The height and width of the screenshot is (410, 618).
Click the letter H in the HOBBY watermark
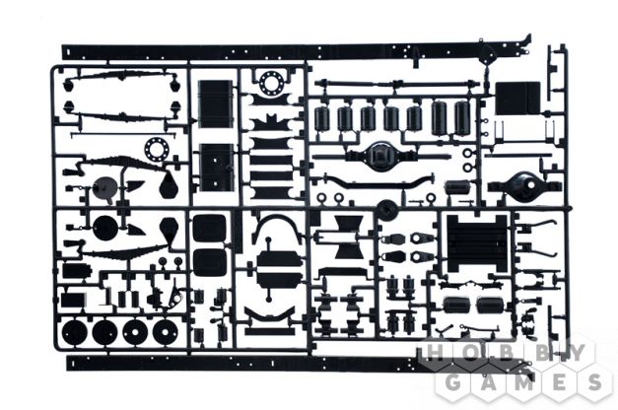(435, 353)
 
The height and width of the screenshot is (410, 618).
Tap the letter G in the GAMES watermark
(453, 382)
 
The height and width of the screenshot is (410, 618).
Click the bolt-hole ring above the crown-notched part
(271, 83)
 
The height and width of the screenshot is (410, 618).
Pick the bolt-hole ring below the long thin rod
(157, 150)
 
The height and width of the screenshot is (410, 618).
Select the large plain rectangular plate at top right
(517, 99)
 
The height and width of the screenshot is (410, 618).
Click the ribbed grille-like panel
(476, 244)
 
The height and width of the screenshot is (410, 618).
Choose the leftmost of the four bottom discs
(75, 331)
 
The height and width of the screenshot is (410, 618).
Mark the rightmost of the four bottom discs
(165, 331)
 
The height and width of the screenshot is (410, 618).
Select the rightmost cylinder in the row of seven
(460, 117)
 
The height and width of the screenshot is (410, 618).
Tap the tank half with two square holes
(215, 168)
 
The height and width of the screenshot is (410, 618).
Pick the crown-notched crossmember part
(270, 122)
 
